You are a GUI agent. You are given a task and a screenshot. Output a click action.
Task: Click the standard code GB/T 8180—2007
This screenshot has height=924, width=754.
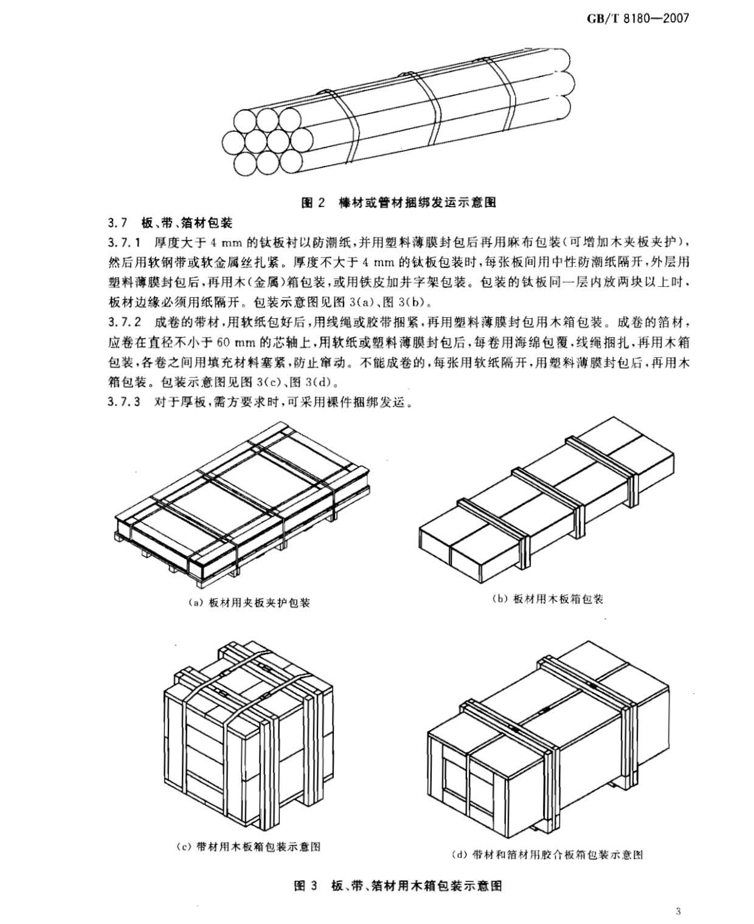pyautogui.click(x=638, y=18)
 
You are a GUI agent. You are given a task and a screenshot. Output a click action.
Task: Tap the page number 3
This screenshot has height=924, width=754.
pyautogui.click(x=679, y=911)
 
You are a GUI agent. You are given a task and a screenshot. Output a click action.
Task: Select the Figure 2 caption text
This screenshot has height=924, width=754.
pyautogui.click(x=399, y=202)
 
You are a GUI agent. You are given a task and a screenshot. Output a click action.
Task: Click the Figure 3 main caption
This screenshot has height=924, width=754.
pyautogui.click(x=398, y=886)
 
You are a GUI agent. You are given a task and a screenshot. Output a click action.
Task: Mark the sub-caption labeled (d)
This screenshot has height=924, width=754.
pyautogui.click(x=547, y=855)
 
